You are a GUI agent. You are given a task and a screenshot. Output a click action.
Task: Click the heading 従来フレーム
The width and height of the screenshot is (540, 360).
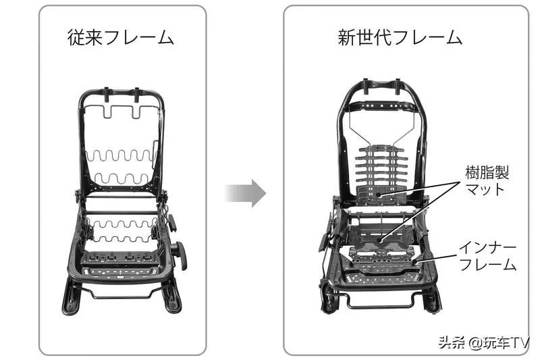click(122, 36)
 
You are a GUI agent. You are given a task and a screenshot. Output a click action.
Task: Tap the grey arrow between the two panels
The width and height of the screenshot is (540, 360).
click(245, 193)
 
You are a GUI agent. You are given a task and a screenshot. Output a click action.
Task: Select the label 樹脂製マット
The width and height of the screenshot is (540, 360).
click(487, 180)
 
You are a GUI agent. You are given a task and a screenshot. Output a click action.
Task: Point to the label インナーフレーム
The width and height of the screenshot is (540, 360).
click(487, 256)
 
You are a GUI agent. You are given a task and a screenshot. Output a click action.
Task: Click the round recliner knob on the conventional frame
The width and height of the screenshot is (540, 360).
click(180, 253)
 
